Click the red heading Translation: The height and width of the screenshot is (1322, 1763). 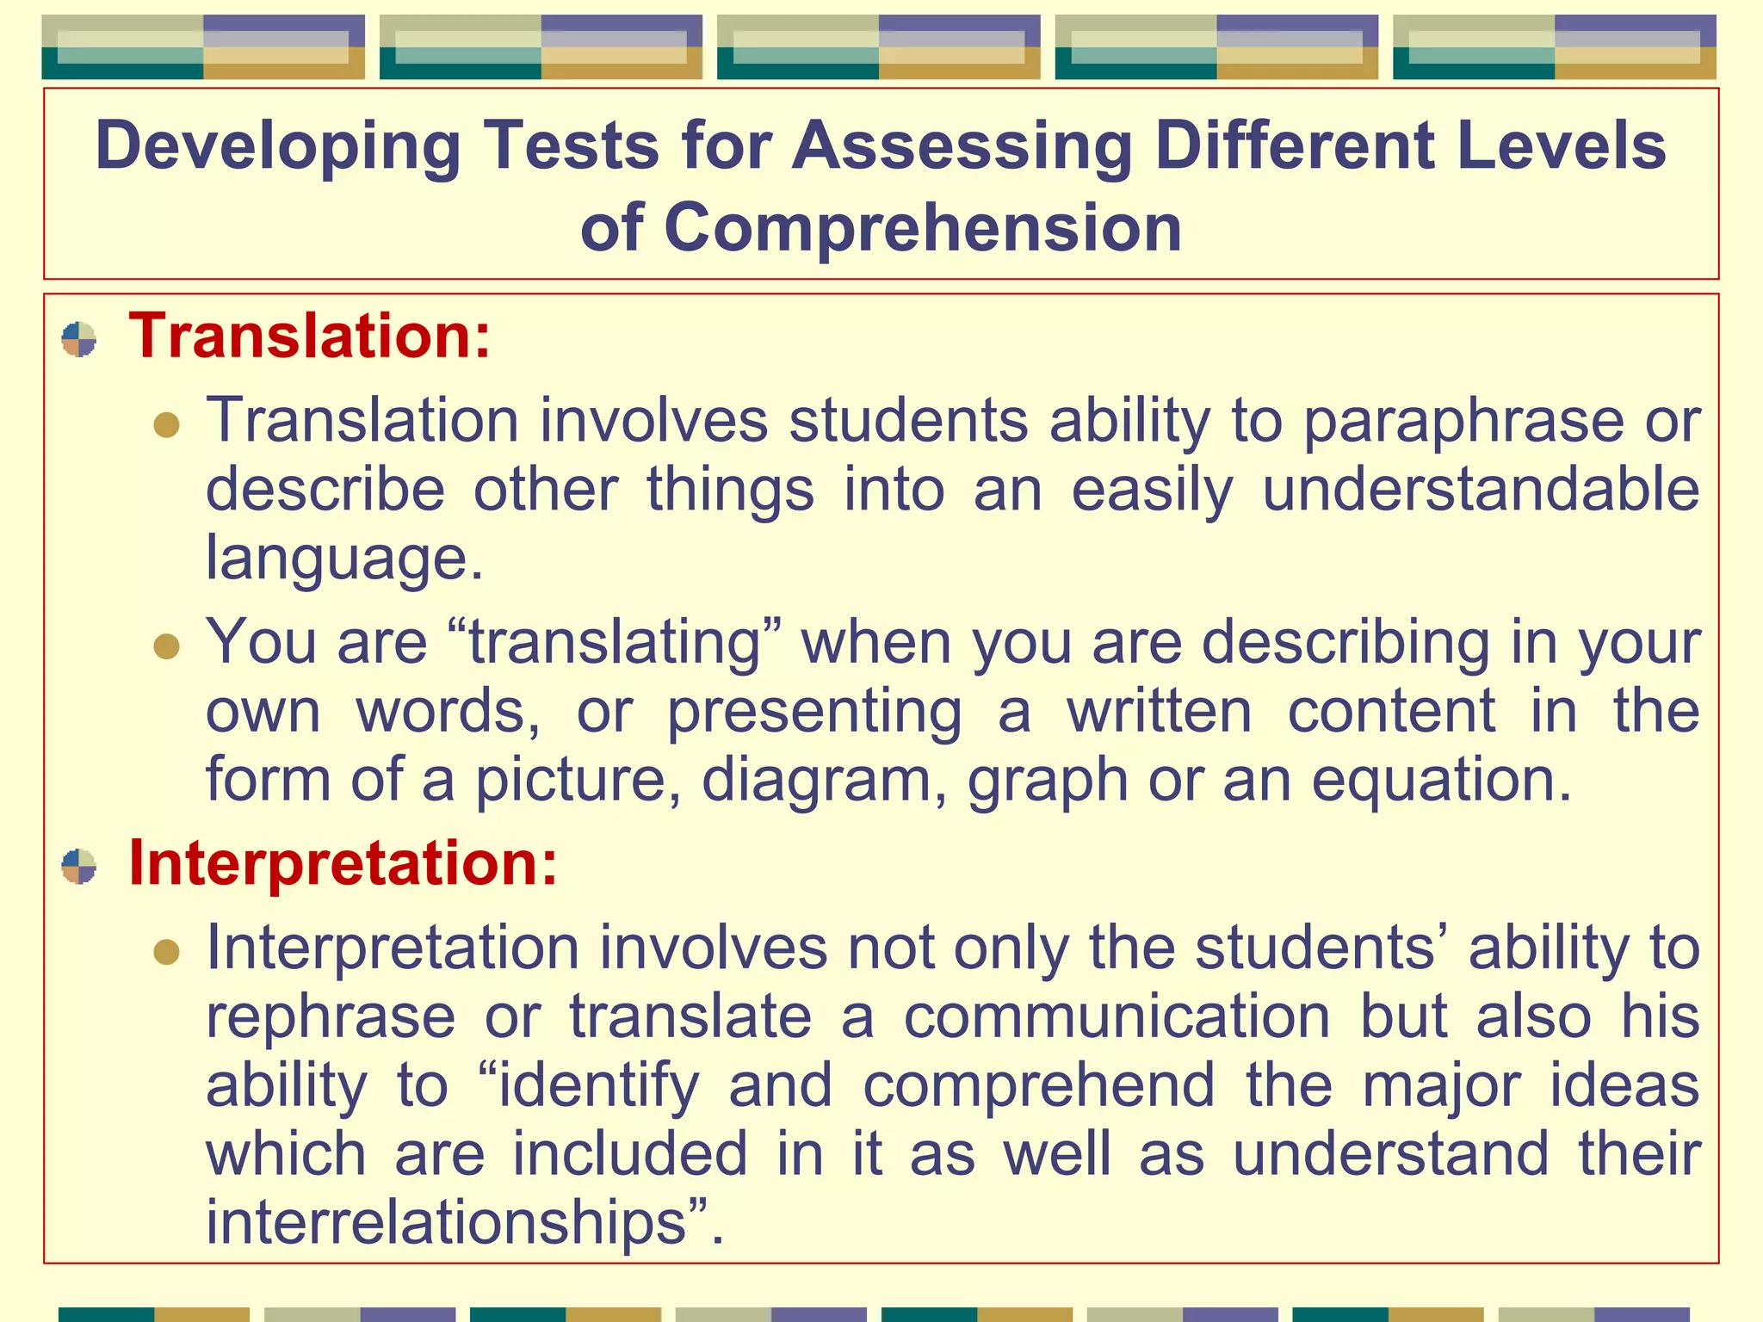coord(309,336)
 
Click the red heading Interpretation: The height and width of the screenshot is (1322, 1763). coord(343,863)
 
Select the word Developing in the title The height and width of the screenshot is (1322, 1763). coord(278,146)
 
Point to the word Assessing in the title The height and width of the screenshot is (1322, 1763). coord(962,146)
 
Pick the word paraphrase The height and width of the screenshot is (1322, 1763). coord(1463,422)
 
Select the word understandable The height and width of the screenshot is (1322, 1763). coord(1481,490)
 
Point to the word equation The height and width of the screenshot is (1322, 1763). coord(1441,780)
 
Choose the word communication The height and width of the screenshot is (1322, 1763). coord(1117,1017)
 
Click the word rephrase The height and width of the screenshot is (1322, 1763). coord(331,1017)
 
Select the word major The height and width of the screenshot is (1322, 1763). coord(1441,1086)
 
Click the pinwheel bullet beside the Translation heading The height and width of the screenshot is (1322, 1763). coord(79,339)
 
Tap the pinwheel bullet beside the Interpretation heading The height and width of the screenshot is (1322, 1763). coord(79,867)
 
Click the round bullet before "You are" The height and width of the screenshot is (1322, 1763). coord(166,646)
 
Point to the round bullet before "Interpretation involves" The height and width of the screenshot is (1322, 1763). coord(166,952)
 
